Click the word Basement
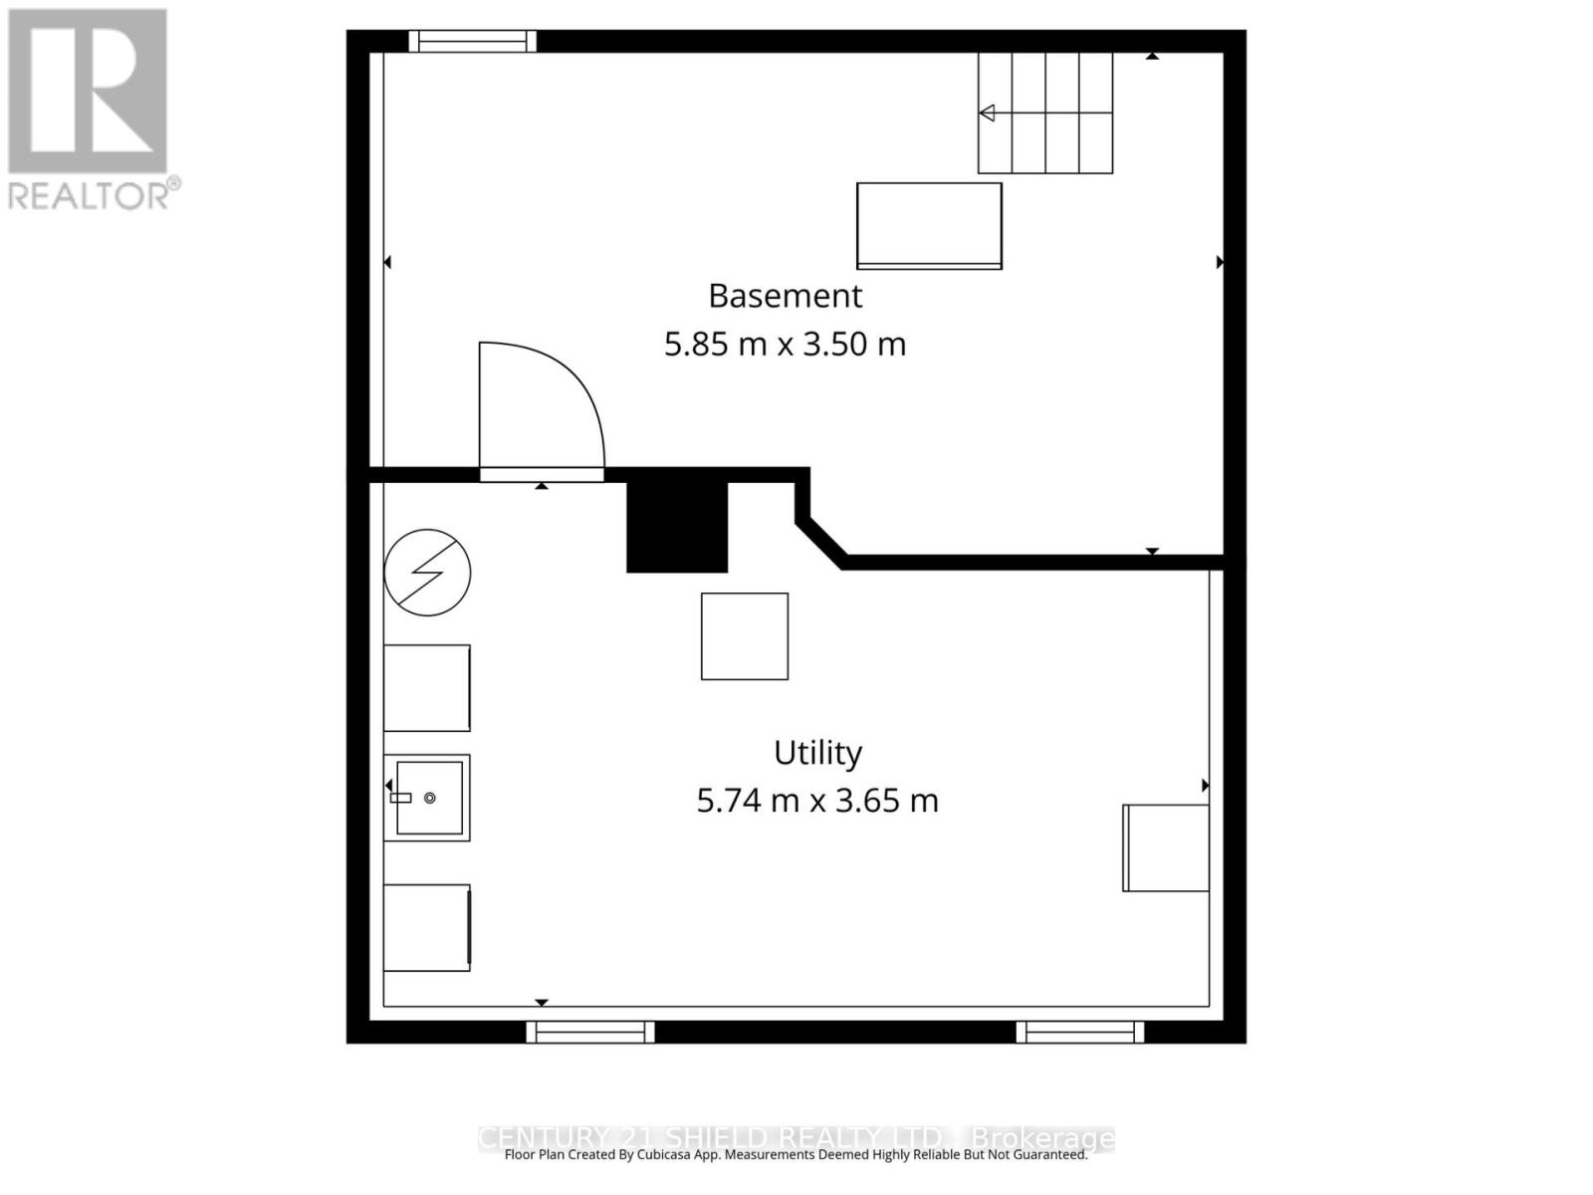785,296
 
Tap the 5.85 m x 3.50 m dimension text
785,345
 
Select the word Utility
817,753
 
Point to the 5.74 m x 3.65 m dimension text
816,801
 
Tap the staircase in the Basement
1045,113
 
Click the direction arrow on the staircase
988,113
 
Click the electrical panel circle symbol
427,573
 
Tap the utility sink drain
430,798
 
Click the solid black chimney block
677,526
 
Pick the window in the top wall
473,41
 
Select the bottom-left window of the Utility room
590,1033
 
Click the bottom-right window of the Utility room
1080,1033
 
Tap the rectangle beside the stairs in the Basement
929,225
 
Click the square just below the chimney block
745,636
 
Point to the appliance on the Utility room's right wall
1166,847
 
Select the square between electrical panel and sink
427,688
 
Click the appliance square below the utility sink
427,927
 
